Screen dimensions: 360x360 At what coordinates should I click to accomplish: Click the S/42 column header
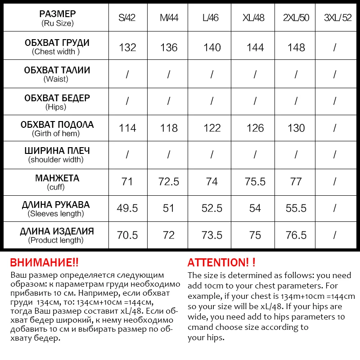coord(127,18)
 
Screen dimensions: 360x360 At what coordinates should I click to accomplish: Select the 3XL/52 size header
coord(337,18)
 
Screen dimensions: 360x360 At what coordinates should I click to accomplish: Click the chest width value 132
coord(127,47)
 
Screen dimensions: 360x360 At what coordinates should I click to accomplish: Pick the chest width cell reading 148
coord(296,47)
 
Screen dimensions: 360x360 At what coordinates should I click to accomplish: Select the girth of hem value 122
coord(212,128)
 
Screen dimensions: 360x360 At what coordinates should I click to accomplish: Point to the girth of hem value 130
coord(296,128)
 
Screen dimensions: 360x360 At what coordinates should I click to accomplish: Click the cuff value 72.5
coord(169,182)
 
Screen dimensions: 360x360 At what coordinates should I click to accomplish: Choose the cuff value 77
coord(296,182)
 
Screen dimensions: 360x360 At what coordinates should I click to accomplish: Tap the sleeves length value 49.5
coord(127,208)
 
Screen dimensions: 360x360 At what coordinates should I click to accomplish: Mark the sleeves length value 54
coord(255,208)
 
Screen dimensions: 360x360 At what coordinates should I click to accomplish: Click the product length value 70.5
coord(127,235)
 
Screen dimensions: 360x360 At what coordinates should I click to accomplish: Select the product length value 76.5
coord(296,235)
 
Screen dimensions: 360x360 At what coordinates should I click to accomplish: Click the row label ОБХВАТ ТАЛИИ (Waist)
coord(57,74)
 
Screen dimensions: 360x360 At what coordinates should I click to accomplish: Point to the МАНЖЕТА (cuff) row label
coord(57,182)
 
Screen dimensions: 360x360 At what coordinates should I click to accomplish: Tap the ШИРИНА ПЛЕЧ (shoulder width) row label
coord(57,155)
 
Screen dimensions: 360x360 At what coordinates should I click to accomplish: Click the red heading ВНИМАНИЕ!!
coord(44,262)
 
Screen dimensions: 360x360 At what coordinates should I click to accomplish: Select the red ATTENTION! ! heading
coord(221,262)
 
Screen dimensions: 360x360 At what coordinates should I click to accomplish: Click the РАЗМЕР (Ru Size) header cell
coord(57,18)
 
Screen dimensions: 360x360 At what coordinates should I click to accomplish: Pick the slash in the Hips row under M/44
coord(169,101)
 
